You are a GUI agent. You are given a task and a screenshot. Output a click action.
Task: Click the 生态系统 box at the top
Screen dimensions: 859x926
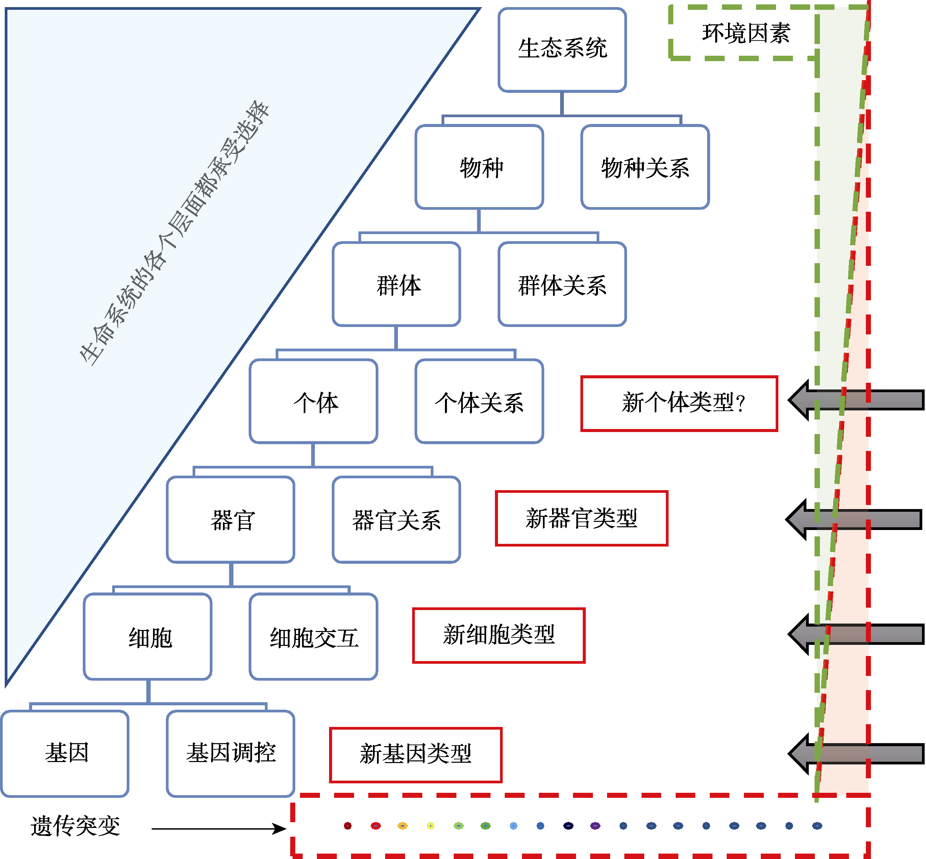coord(562,49)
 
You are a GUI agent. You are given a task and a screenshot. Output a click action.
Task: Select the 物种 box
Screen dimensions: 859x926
coord(479,167)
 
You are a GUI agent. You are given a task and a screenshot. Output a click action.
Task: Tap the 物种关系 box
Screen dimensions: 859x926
coord(645,167)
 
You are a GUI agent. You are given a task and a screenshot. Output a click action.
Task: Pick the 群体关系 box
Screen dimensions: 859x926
coord(562,284)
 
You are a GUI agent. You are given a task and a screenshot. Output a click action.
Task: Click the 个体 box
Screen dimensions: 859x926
coord(313,401)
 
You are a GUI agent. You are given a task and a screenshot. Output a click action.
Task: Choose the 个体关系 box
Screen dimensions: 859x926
coord(479,401)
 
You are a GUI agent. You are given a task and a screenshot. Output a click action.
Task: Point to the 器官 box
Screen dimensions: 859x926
coord(230,519)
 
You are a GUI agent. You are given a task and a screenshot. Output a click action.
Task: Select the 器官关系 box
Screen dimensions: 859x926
coord(396,519)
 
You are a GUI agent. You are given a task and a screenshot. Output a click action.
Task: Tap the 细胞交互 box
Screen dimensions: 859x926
coord(313,636)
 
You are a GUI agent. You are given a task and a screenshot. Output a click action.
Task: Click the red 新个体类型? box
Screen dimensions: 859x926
coord(679,403)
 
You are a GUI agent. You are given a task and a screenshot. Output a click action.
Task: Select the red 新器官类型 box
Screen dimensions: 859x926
coord(581,518)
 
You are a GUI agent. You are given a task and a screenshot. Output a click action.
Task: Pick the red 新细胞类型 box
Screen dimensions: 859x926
coord(499,635)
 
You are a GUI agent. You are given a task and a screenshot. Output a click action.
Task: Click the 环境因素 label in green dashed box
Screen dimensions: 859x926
coord(746,33)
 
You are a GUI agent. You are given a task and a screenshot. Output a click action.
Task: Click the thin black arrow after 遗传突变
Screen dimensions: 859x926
coord(219,828)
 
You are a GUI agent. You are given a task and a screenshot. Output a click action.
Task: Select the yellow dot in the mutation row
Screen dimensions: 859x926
coord(430,826)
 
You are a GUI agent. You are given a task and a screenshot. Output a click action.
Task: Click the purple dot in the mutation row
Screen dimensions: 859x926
coord(595,826)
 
